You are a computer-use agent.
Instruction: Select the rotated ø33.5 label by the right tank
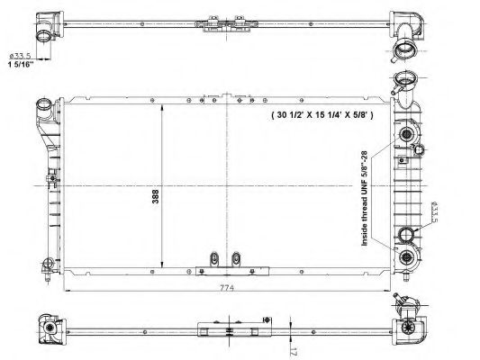point(434,213)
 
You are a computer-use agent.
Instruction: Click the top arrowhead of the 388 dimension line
point(159,101)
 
